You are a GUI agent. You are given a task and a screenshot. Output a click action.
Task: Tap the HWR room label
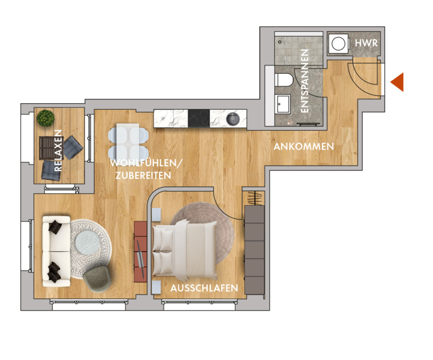(x=366, y=43)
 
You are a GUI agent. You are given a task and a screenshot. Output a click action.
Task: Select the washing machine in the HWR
(x=338, y=44)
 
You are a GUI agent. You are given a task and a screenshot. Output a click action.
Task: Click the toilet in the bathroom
(x=284, y=80)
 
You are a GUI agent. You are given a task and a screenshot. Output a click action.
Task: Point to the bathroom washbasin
(x=283, y=104)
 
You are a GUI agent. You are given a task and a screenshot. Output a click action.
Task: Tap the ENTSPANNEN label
(x=304, y=81)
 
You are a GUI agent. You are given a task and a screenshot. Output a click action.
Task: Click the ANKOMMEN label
(x=304, y=146)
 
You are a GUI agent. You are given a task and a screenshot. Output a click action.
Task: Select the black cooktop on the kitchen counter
(x=199, y=118)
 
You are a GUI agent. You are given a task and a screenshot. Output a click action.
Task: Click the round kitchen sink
(x=233, y=119)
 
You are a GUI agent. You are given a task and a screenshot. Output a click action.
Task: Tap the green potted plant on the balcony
(x=46, y=118)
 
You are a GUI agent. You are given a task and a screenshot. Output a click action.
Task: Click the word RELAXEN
(x=58, y=151)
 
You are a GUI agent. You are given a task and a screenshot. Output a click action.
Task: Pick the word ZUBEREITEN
(x=143, y=175)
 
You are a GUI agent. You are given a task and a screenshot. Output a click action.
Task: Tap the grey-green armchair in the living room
(x=97, y=280)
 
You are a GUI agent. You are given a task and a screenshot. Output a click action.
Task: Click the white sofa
(x=56, y=251)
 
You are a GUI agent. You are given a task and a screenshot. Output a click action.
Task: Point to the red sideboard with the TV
(x=140, y=251)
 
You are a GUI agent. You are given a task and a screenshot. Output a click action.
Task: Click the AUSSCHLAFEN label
(x=204, y=288)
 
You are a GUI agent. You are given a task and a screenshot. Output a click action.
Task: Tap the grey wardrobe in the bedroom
(x=254, y=250)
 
